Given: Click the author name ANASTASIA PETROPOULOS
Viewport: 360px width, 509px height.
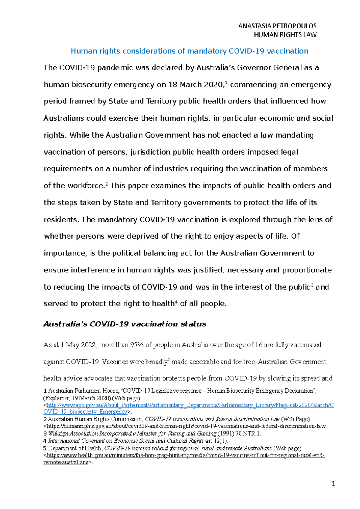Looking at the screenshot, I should click(277, 26).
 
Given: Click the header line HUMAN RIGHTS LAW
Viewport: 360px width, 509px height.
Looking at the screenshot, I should click(285, 35).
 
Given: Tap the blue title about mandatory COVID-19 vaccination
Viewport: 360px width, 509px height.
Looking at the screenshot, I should click(189, 51).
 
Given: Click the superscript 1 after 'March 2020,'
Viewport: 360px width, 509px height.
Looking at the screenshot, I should click(226, 83).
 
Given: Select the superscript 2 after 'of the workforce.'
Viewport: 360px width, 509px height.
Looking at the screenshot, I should click(106, 184).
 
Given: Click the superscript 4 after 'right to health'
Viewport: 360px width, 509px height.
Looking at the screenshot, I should click(176, 302).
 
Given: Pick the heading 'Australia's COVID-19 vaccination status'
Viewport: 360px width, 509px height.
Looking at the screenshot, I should click(125, 324).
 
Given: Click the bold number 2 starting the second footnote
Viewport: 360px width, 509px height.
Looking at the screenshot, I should click(45, 419).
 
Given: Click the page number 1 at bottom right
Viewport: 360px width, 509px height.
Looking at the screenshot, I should click(334, 484).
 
